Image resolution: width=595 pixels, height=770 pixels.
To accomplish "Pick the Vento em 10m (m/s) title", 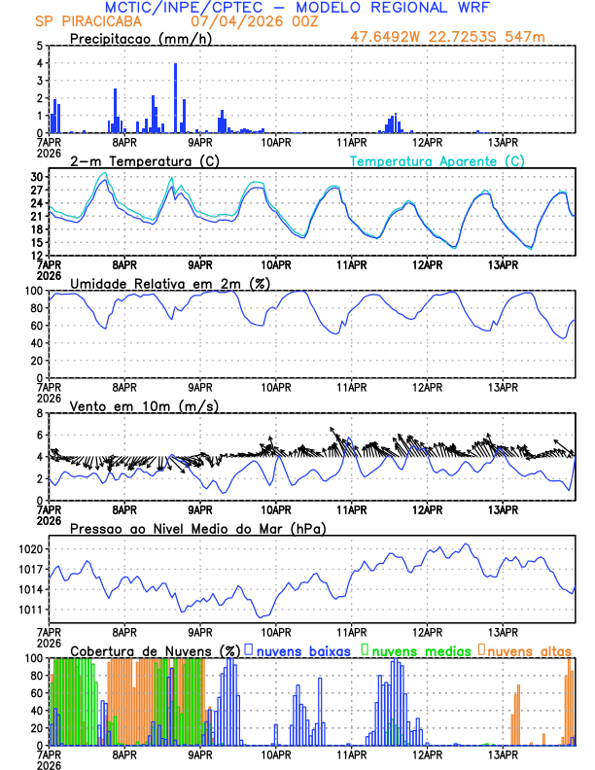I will click(131, 404).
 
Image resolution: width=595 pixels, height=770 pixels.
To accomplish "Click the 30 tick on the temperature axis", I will click(36, 177).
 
